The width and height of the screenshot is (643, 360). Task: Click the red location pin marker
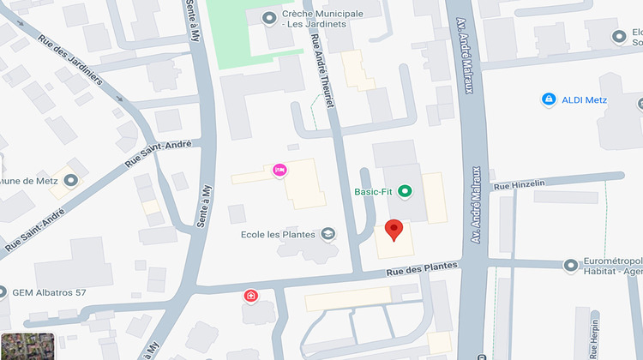(394, 230)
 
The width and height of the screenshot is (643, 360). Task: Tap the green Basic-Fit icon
(406, 192)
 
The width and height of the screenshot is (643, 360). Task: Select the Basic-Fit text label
(373, 192)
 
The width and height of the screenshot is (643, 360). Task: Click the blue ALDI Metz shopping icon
(549, 100)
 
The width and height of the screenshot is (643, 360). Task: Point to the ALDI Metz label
(585, 100)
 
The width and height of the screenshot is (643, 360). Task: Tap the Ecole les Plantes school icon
(328, 234)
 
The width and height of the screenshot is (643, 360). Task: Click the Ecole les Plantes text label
(278, 234)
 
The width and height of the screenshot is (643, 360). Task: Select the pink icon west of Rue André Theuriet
(279, 170)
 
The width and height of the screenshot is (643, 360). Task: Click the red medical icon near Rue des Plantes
(250, 296)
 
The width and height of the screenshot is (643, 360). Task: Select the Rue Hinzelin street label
(514, 185)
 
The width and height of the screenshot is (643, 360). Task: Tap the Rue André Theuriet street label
(321, 74)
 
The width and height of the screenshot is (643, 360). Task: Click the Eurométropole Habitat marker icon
(571, 265)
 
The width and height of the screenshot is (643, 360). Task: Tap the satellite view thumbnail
(27, 345)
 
